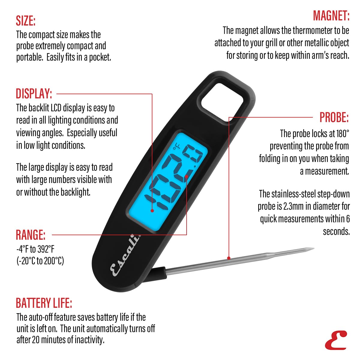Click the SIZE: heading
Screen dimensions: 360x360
coord(26,21)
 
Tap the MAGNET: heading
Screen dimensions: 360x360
coord(331,16)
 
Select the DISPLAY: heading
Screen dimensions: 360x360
coord(34,94)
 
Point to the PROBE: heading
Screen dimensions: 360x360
coord(334,117)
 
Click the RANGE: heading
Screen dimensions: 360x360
coord(31,235)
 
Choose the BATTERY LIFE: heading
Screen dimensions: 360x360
coord(44,303)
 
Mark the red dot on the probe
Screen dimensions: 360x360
coord(229,258)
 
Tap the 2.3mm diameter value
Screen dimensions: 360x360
coord(293,206)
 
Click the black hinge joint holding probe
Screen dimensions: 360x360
coord(158,274)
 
